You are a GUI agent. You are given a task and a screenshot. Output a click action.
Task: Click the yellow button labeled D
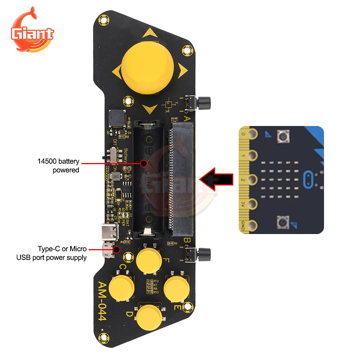click(149, 316)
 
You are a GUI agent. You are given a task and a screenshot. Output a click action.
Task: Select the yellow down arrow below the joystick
click(149, 108)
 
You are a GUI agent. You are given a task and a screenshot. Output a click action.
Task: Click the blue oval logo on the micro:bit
click(309, 179)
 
